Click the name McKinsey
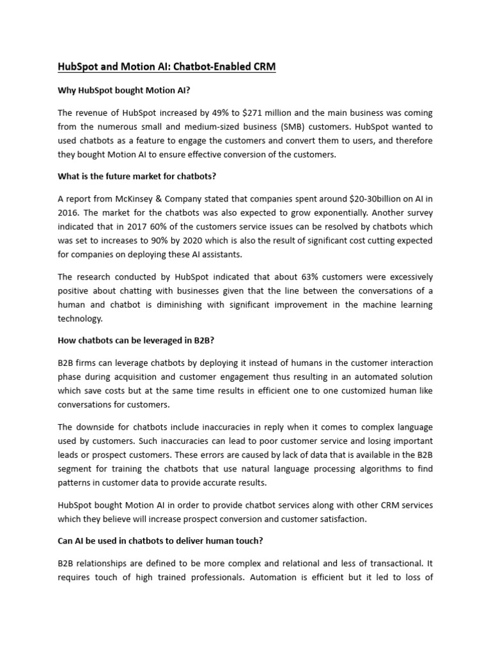[138, 199]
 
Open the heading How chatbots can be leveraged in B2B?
[138, 340]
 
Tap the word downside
[100, 427]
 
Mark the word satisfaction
[342, 519]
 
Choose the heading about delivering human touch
[160, 541]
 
